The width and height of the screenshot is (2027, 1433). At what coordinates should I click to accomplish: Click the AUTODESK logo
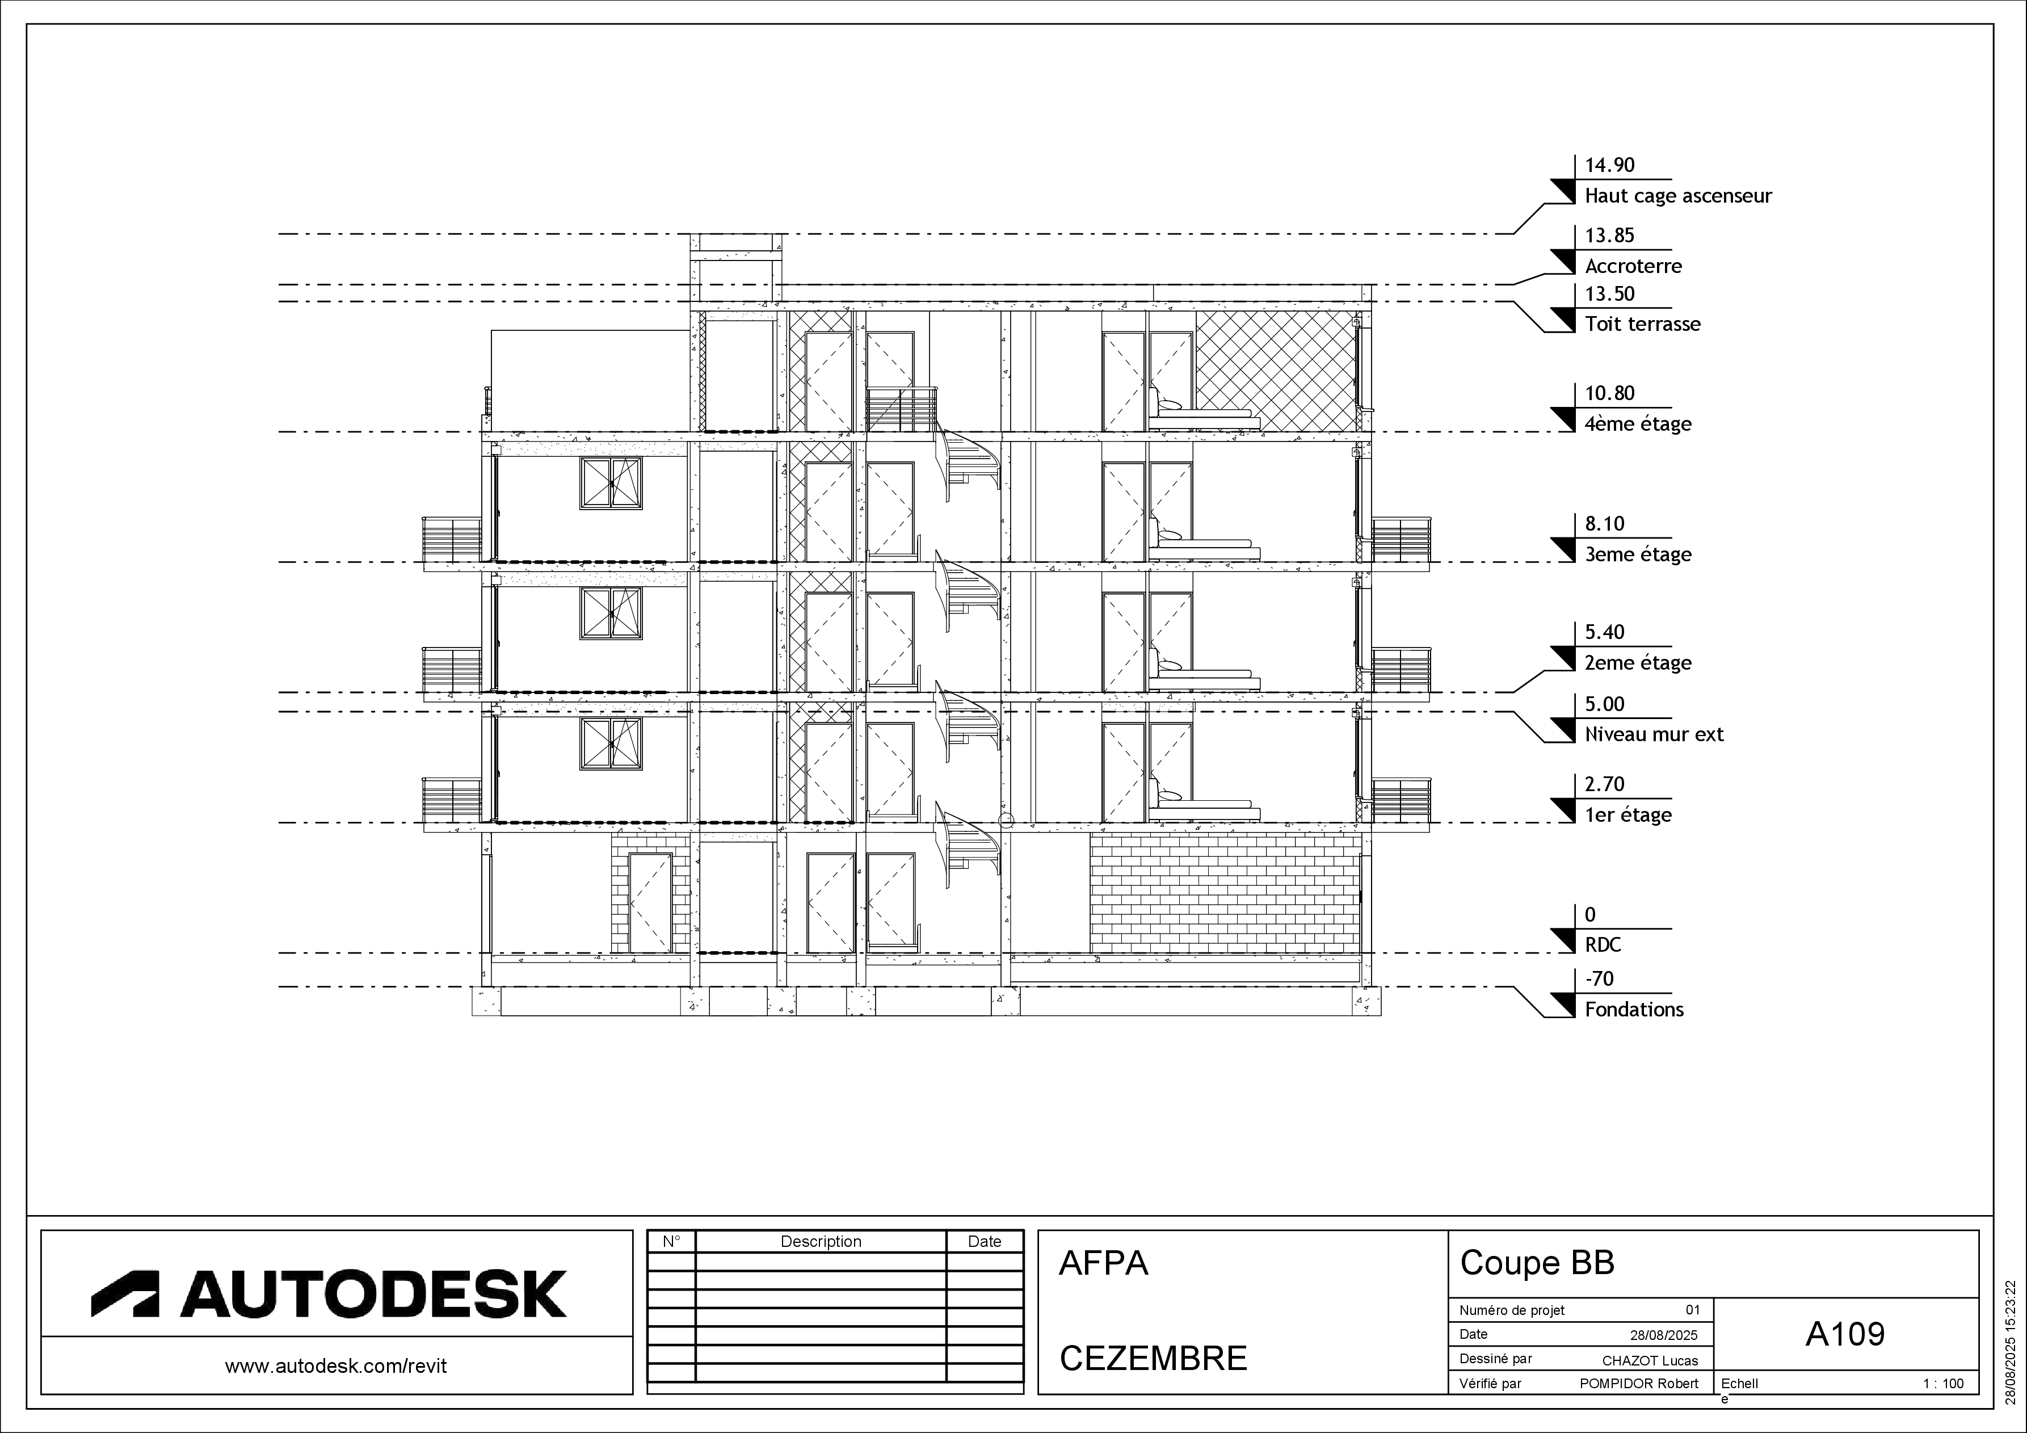pos(329,1293)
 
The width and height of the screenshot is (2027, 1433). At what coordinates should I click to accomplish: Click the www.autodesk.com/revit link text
pos(337,1366)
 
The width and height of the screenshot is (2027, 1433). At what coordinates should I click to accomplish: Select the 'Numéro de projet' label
pos(1511,1310)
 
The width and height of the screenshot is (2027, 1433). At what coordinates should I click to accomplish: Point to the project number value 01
pos(1692,1310)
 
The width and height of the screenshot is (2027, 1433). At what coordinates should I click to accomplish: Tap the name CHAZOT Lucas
pos(1650,1360)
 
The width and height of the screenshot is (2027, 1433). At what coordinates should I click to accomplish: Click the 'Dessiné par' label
pos(1495,1359)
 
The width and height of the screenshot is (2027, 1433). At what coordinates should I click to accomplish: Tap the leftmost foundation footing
pos(486,1001)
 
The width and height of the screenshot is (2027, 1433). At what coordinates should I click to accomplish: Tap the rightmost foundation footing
pos(1366,1001)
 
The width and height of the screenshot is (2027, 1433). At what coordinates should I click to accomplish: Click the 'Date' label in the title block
pos(1474,1334)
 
